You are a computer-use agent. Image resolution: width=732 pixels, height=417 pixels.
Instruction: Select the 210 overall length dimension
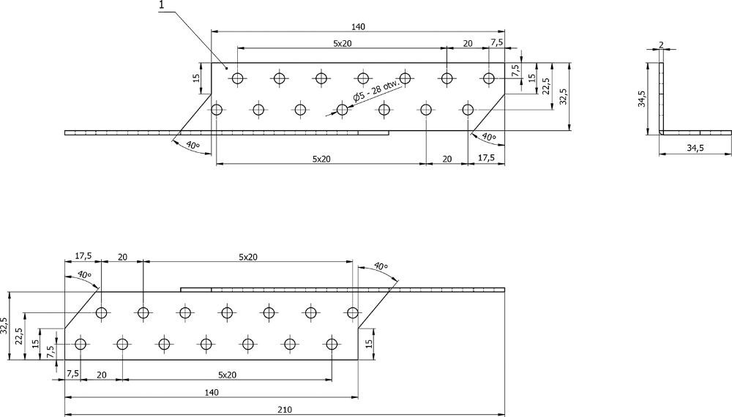coord(285,410)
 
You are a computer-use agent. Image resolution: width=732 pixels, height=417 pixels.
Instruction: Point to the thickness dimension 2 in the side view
coord(661,45)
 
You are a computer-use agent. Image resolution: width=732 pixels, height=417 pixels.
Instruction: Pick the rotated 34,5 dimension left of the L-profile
coord(642,99)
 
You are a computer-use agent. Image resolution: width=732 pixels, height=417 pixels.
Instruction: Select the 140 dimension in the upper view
coord(358,26)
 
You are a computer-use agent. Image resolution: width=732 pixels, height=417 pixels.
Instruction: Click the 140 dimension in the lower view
coord(212,393)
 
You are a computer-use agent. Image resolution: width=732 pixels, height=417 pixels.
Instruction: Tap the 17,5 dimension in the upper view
coord(485,158)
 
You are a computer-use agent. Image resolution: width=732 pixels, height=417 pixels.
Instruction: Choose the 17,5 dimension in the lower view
coord(83,257)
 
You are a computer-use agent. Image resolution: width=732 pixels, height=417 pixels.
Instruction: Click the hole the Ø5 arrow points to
coord(342,110)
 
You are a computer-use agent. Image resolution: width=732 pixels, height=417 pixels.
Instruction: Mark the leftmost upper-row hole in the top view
coord(236,78)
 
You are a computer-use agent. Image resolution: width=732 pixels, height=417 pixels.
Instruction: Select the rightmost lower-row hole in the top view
coord(468,110)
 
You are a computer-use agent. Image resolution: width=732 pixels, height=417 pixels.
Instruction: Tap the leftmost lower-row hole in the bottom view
coord(81,344)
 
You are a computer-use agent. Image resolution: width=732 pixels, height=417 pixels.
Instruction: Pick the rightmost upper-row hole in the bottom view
coord(353,313)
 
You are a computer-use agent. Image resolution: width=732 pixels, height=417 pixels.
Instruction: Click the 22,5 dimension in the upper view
coord(545,86)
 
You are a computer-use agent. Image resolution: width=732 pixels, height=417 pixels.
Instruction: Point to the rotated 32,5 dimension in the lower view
coord(5,326)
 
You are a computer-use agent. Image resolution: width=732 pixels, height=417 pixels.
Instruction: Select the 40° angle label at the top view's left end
coord(192,146)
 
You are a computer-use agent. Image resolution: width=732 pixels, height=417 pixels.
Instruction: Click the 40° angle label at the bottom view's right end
coord(381,266)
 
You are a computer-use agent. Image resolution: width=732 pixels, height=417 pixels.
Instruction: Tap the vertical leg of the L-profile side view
coord(661,99)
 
